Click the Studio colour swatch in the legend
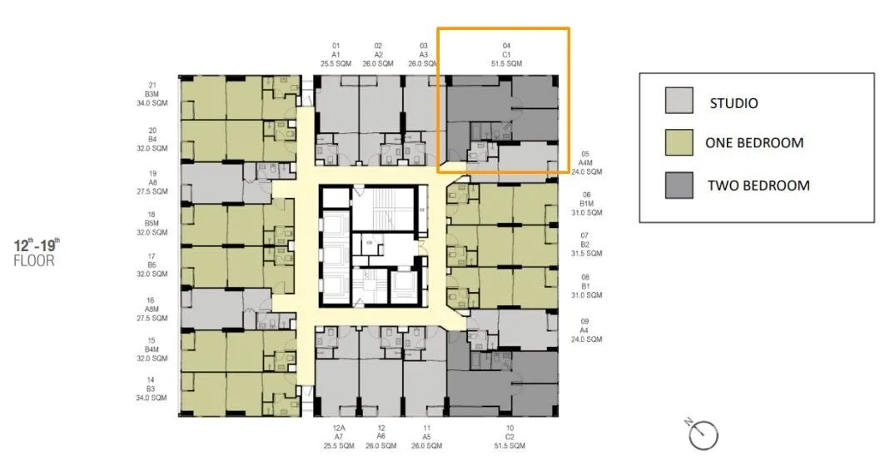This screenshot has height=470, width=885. (x=679, y=101)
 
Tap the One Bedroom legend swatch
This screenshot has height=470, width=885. (x=679, y=141)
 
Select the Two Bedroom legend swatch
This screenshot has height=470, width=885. (x=679, y=185)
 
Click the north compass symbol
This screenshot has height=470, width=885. (x=702, y=434)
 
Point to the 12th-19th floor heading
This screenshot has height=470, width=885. (x=36, y=252)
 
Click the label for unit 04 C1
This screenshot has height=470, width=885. (x=506, y=55)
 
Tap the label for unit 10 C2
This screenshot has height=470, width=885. (x=510, y=437)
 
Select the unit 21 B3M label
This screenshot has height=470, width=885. (x=152, y=94)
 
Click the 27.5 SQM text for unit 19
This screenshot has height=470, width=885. (x=152, y=191)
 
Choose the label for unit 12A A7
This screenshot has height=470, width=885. (x=339, y=437)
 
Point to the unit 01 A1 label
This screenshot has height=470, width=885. (x=336, y=55)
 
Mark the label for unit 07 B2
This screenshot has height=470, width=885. (x=585, y=245)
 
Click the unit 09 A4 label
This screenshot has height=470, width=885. (x=585, y=330)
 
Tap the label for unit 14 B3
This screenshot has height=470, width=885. (x=151, y=388)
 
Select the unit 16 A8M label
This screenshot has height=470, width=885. (x=152, y=309)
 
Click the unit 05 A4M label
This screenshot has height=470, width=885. (x=586, y=162)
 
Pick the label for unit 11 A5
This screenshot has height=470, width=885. (x=427, y=437)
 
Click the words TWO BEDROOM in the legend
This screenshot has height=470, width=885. (x=758, y=186)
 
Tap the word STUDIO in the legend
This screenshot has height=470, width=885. (x=733, y=103)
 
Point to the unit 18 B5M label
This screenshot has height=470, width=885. (x=152, y=224)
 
